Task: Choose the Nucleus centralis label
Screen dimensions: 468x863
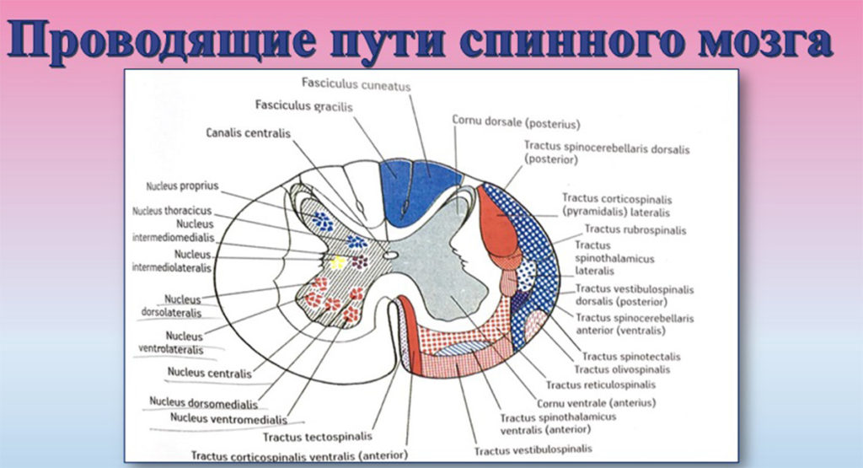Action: [x=209, y=373]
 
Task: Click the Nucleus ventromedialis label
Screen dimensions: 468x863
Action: [x=228, y=419]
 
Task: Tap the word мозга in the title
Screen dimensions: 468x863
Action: [x=763, y=42]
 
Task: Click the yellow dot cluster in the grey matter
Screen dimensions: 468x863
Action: [x=337, y=262]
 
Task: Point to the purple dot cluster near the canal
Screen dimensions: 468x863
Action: [x=360, y=262]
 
